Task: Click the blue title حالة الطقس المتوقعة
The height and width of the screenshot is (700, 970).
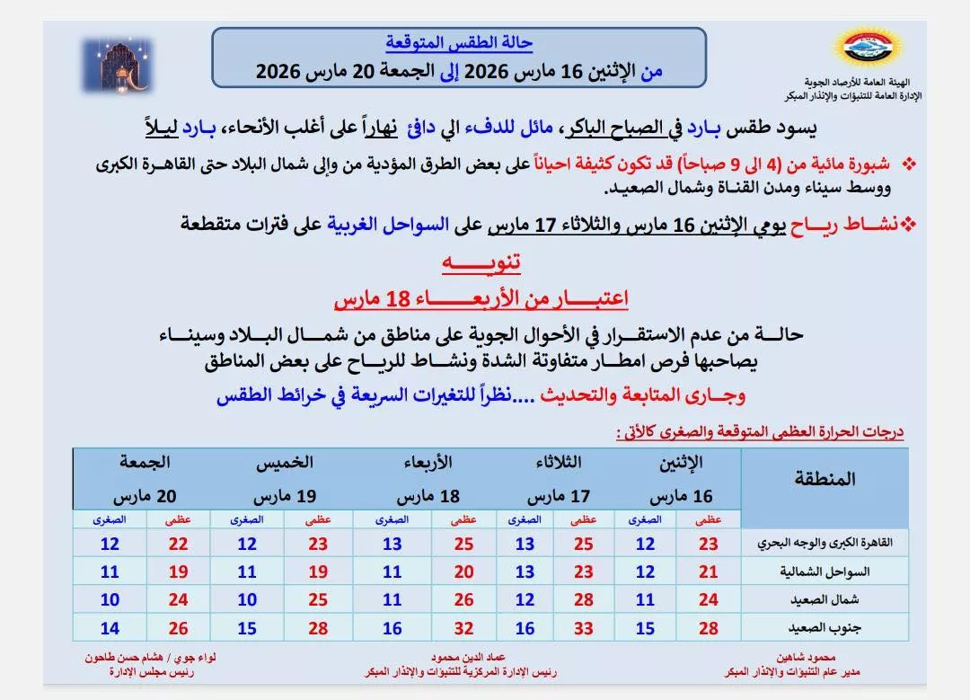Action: pyautogui.click(x=459, y=42)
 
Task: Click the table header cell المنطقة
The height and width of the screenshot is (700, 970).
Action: pyautogui.click(x=824, y=478)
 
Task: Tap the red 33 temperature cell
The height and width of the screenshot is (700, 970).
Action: pyautogui.click(x=583, y=628)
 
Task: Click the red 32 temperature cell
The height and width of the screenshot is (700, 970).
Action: pyautogui.click(x=463, y=628)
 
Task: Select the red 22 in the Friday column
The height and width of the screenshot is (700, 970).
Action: pyautogui.click(x=179, y=544)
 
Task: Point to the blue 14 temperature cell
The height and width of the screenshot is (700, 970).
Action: pyautogui.click(x=110, y=628)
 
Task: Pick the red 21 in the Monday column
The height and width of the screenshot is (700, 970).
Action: pyautogui.click(x=708, y=572)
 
